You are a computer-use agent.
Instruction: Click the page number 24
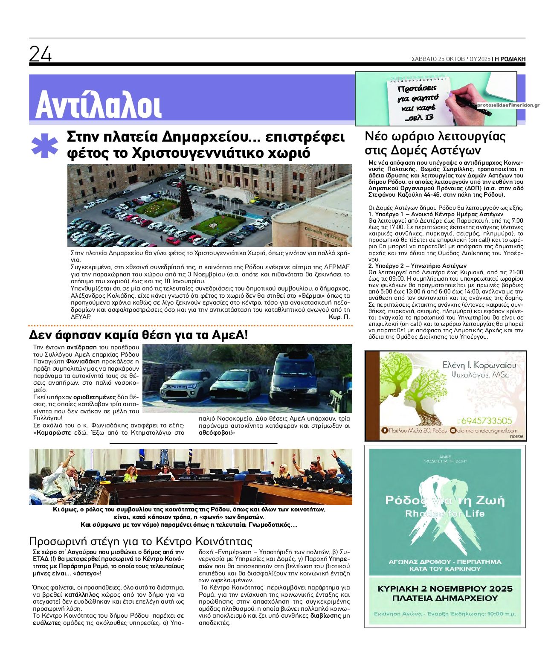click(x=41, y=54)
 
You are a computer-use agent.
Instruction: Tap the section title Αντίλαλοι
click(x=99, y=105)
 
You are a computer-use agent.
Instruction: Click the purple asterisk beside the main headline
click(x=44, y=146)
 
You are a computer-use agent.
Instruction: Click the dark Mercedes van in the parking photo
click(x=294, y=378)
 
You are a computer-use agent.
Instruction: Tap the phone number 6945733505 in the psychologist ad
click(x=485, y=421)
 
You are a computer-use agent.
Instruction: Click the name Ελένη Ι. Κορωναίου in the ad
click(x=479, y=365)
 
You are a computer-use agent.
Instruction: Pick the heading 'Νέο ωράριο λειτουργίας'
click(x=435, y=136)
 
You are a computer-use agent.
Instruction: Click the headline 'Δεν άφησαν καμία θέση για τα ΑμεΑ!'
click(x=138, y=335)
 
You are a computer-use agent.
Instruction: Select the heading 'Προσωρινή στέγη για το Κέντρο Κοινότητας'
click(x=141, y=541)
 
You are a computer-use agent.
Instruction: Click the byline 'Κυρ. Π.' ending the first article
click(x=339, y=317)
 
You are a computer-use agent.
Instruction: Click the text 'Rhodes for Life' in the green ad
click(x=445, y=514)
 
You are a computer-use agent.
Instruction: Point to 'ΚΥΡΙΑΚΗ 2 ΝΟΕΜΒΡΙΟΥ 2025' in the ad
click(x=445, y=589)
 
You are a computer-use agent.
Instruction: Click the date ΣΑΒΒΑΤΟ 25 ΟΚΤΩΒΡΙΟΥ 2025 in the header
click(x=451, y=59)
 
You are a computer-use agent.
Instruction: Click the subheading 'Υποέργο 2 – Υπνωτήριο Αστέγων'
click(x=417, y=266)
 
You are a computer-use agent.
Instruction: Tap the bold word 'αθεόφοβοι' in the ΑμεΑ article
click(x=216, y=433)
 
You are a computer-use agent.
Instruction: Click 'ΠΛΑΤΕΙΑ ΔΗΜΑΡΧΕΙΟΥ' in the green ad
click(x=445, y=598)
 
